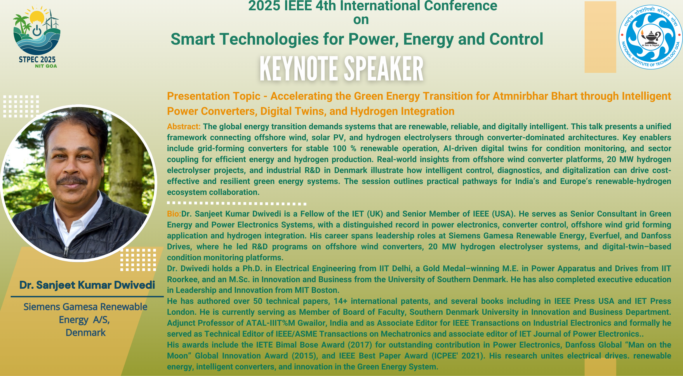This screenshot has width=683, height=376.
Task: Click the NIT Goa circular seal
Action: tap(650, 37)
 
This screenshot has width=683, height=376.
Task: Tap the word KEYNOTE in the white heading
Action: tap(298, 69)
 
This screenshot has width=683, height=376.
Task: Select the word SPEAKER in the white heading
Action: tap(384, 69)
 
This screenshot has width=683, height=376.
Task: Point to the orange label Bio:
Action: tap(174, 214)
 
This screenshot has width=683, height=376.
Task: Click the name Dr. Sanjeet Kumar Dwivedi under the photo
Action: tap(87, 285)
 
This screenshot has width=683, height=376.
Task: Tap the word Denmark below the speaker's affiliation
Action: tap(86, 332)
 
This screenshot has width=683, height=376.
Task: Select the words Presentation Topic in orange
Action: tap(214, 96)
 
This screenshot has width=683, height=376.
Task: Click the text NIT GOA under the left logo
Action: tap(46, 66)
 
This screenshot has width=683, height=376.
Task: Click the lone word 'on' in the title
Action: tap(361, 20)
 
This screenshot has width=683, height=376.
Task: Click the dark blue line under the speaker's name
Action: tap(87, 296)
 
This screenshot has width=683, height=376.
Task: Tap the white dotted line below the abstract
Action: tap(237, 203)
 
